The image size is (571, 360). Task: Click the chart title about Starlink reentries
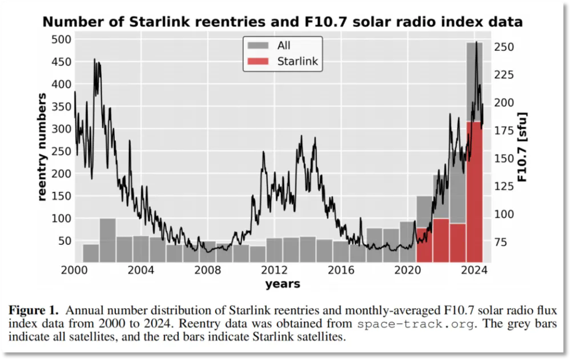click(283, 22)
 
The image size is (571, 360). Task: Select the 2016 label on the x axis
click(341, 270)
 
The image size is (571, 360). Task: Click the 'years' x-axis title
click(283, 283)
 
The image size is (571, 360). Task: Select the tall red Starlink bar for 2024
click(475, 191)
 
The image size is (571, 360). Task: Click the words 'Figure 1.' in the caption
click(34, 312)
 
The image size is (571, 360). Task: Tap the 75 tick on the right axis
click(500, 242)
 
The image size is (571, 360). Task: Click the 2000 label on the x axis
click(75, 270)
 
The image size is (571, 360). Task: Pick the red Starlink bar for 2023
click(457, 242)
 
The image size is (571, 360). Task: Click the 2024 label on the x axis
click(474, 270)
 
